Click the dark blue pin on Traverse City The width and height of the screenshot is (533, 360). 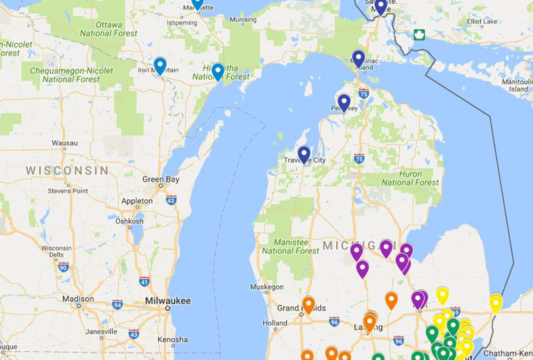click(304, 154)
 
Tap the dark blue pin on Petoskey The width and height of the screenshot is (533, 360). click(344, 102)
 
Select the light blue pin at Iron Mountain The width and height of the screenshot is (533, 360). click(160, 66)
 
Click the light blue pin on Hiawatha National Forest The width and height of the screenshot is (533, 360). click(217, 71)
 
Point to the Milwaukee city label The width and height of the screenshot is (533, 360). click(167, 301)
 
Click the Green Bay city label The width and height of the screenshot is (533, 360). click(160, 180)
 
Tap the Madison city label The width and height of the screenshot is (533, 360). click(78, 299)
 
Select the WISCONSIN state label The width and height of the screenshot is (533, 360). click(67, 171)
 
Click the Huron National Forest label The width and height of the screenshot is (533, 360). click(410, 178)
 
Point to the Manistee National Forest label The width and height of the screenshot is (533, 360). click(290, 246)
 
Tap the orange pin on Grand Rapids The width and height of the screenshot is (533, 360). click(308, 305)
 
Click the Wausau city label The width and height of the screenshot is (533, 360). click(64, 143)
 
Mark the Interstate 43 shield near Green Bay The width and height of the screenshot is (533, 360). click(171, 201)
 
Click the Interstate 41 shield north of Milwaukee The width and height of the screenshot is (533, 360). click(144, 280)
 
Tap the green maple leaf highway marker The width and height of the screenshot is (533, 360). click(419, 35)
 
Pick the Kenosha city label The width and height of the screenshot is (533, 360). click(172, 340)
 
